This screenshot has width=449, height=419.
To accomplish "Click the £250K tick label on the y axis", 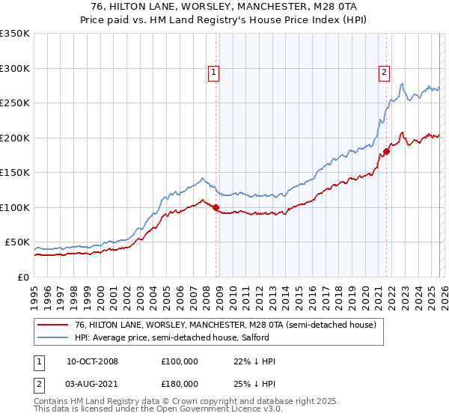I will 15,103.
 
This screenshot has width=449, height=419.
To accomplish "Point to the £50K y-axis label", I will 17,242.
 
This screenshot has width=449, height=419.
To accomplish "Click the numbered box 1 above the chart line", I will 214,73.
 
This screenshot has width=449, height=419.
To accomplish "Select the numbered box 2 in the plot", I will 384,73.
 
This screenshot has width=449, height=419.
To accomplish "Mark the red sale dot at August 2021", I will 386,151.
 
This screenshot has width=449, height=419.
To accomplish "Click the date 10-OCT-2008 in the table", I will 92,361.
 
